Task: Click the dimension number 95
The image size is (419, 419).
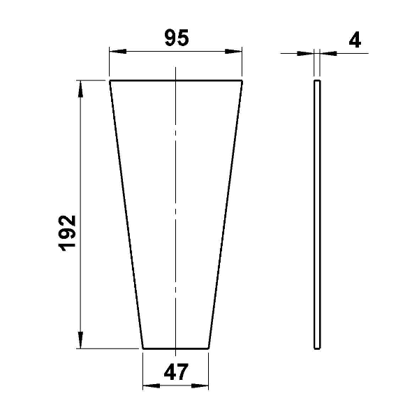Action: point(177,38)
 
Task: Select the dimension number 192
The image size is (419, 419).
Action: point(67,233)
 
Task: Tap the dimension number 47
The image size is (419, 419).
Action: point(176,372)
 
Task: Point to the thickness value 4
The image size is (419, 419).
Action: point(355,41)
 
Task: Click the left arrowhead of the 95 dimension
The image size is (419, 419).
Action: point(118,51)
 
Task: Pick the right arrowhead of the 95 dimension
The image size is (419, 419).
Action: point(233,51)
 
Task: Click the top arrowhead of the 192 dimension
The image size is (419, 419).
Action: point(80,89)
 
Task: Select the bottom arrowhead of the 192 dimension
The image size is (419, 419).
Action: point(80,340)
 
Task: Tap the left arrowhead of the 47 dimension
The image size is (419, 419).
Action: point(152,385)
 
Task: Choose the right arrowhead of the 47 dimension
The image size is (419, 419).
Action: point(200,385)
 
